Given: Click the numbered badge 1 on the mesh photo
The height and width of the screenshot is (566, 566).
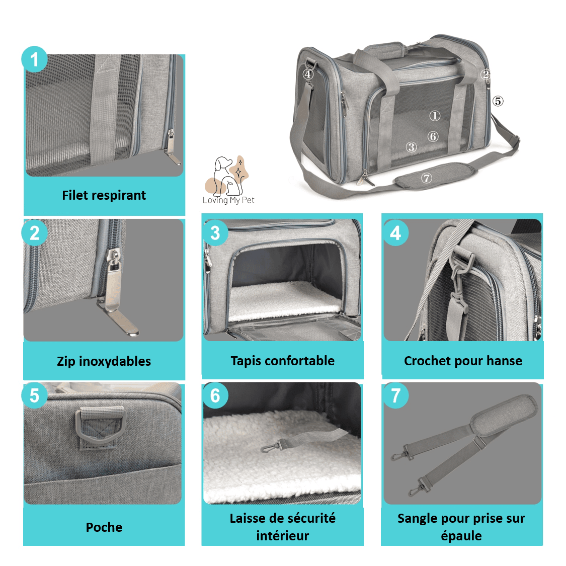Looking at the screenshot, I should [x=34, y=60].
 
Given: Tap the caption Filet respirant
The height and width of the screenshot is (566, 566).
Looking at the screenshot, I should [x=104, y=195].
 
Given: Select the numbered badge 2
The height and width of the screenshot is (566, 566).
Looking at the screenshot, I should [x=34, y=233].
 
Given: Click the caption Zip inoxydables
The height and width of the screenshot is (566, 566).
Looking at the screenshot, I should [x=104, y=361].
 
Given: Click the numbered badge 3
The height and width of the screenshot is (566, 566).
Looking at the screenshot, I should [x=215, y=233].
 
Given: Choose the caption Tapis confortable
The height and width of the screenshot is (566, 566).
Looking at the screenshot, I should [x=282, y=361].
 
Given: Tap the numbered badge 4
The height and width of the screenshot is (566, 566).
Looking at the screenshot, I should [x=396, y=233].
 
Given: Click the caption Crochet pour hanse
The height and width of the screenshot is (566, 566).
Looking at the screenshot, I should [x=463, y=361].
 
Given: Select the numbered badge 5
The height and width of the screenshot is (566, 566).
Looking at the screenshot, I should [x=34, y=395].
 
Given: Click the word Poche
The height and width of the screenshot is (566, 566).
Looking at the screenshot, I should [x=104, y=527].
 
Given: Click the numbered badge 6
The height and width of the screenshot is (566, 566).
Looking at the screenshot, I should [x=215, y=395].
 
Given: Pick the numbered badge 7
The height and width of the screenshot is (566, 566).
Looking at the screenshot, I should [x=396, y=395].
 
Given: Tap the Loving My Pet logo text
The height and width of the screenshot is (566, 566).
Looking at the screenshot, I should [x=228, y=200].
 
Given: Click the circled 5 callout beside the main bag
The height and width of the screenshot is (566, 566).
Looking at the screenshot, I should [x=498, y=101].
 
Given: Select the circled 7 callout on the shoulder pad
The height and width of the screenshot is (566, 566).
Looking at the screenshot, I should [x=427, y=178].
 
